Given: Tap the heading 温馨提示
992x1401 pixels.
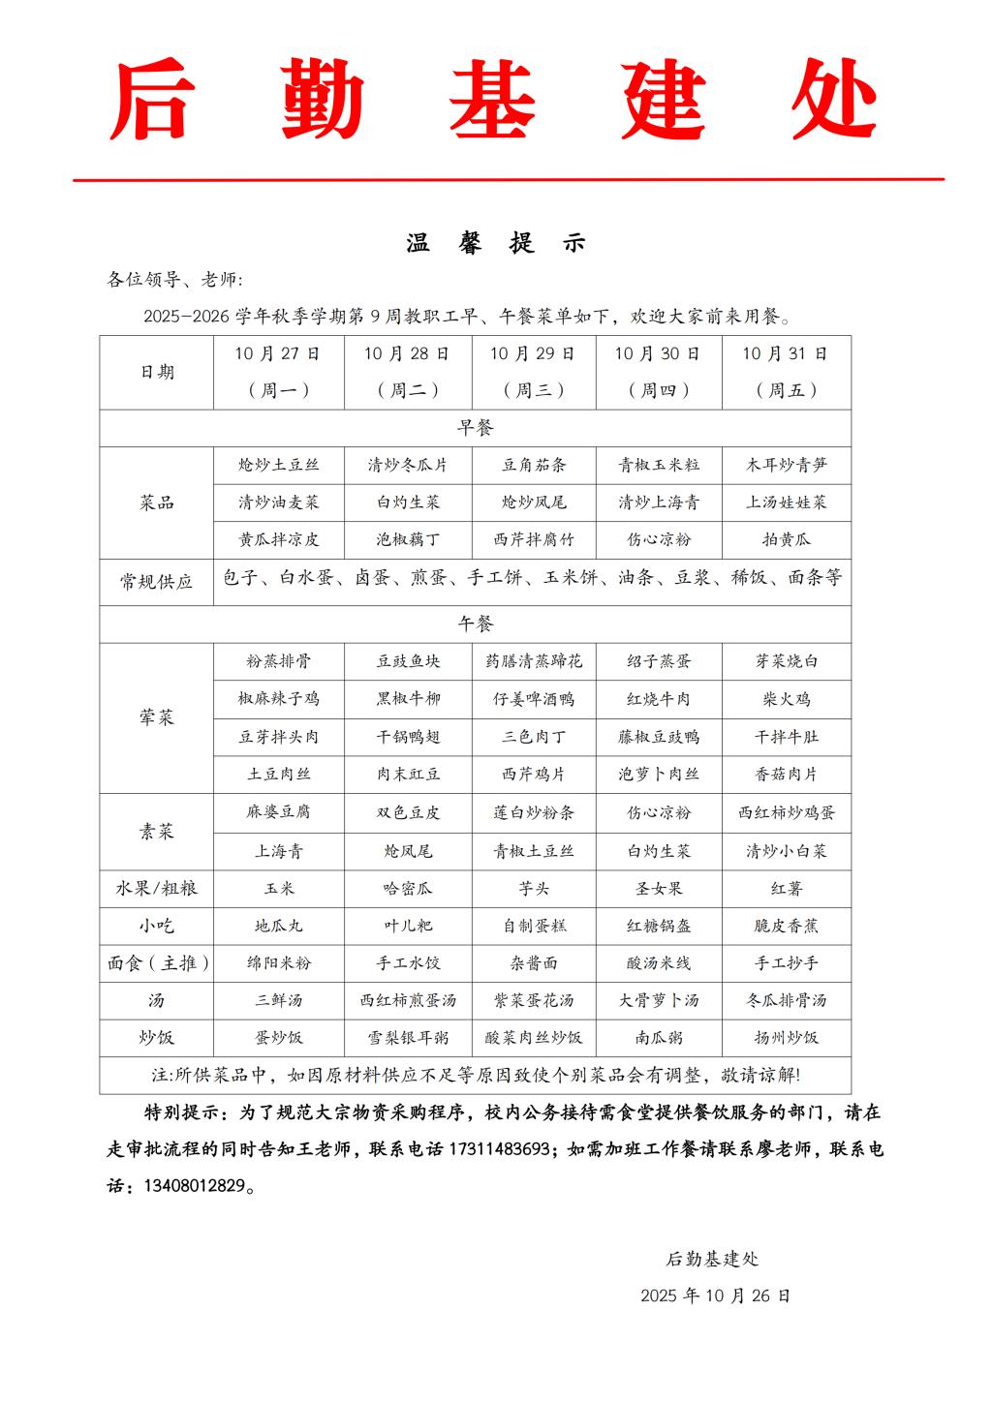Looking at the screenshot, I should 496,244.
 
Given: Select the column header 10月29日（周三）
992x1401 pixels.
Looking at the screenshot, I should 533,372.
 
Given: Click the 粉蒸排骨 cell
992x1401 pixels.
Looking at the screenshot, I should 279,661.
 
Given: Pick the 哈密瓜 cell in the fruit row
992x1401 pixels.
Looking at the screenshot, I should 408,888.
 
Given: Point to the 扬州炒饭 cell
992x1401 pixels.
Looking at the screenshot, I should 786,1037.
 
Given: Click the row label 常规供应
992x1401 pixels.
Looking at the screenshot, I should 156,581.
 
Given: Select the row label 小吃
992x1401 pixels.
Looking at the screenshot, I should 156,926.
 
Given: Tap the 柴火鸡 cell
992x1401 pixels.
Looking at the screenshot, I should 786,699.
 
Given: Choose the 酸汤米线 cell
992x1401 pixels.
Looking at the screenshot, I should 659,963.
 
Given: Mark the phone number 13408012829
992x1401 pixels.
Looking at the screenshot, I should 194,1186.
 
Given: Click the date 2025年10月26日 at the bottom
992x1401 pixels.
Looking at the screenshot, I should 715,1295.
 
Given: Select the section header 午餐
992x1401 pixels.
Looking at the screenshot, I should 476,624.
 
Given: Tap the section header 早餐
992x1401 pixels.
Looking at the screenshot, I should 476,427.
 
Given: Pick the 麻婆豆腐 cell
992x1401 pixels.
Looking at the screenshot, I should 279,812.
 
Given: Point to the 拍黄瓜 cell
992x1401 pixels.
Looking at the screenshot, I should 786,539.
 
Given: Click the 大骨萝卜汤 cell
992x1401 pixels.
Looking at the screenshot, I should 659,1000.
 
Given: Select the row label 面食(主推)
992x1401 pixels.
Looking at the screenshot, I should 156,963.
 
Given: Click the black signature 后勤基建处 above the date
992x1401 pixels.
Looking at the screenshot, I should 712,1259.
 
